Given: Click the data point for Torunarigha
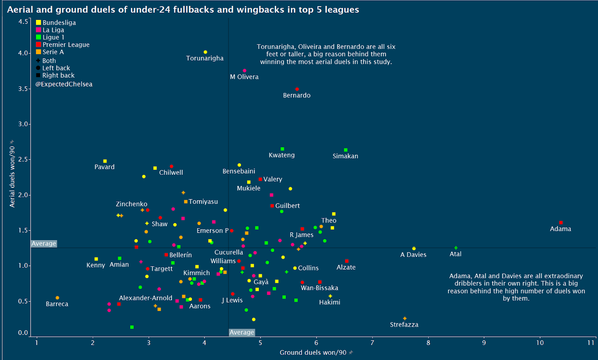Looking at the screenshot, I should click(205, 52).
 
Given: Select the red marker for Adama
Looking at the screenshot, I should click(561, 223).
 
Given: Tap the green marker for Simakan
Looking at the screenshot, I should click(346, 150).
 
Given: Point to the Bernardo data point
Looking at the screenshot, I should click(297, 89).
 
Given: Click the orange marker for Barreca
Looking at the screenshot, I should click(58, 298).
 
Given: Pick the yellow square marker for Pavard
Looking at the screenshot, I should click(105, 161).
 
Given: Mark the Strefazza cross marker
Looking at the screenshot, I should click(405, 319).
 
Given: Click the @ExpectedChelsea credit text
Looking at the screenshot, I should click(64, 84).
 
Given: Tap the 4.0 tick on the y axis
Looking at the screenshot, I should click(23, 53).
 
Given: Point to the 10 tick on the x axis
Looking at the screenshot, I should click(540, 342).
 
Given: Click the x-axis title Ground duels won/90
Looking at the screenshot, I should click(313, 353).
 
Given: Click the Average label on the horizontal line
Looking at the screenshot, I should click(44, 243).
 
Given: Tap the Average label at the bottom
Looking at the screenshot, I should click(242, 332).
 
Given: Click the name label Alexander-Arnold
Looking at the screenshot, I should click(146, 298).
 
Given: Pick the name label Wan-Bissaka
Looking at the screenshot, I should click(320, 288).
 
